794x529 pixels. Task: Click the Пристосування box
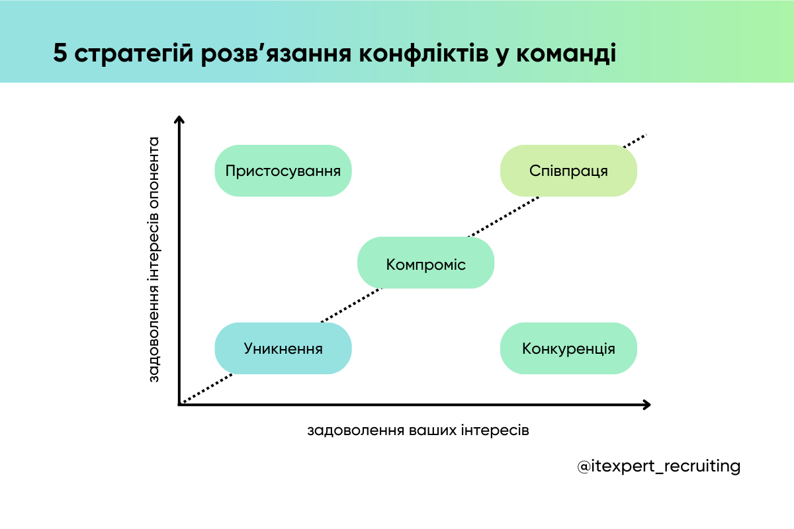pyautogui.click(x=283, y=171)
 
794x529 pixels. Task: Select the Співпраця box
pyautogui.click(x=568, y=171)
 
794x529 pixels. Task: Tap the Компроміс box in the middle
pyautogui.click(x=425, y=264)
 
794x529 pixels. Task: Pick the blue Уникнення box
pyautogui.click(x=283, y=348)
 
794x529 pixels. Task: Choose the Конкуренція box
pyautogui.click(x=568, y=348)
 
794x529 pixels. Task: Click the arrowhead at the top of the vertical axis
pyautogui.click(x=179, y=120)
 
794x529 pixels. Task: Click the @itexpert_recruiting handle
pyautogui.click(x=659, y=466)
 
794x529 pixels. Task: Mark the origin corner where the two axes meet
pyautogui.click(x=179, y=403)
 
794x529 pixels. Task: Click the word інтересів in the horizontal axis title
pyautogui.click(x=499, y=430)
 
